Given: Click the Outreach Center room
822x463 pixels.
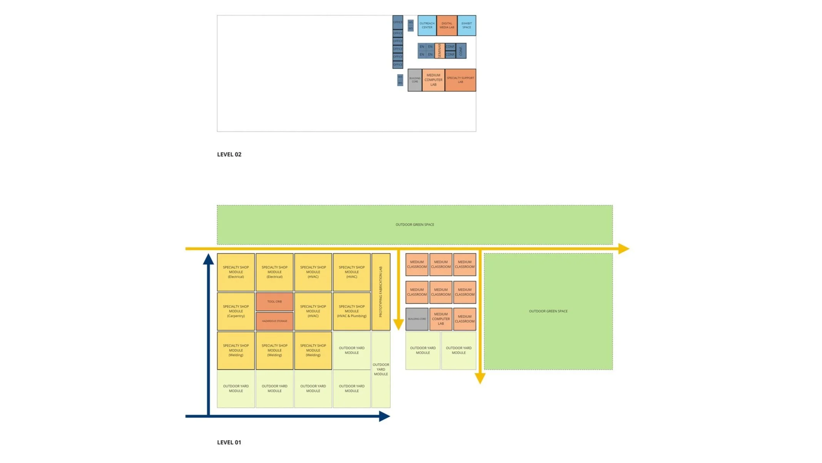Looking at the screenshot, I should point(427,25).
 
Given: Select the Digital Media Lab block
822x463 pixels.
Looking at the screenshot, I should point(447,25).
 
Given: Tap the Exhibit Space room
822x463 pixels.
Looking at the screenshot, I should point(466,25).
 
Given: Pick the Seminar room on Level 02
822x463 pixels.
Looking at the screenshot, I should point(439,51).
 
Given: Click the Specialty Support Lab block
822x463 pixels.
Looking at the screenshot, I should point(460,80).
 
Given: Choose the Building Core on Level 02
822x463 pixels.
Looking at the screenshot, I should point(415,80).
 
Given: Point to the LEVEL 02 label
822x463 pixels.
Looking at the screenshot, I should point(229,154).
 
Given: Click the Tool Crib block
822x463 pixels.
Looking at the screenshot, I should point(275,301).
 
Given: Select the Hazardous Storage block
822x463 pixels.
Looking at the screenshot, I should point(275,321).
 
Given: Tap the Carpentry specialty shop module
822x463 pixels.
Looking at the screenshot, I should point(236,311).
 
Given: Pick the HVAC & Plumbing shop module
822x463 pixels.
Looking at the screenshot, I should point(352,311).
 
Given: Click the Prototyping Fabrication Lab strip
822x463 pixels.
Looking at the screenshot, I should point(381,291).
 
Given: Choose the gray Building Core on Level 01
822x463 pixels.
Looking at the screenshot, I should point(417,319).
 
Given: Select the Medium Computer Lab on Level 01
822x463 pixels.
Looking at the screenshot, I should point(440,319).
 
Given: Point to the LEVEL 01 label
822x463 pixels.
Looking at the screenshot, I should point(229,442).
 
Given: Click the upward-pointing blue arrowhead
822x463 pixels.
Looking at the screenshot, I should point(208,260).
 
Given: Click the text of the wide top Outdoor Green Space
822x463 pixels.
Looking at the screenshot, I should point(415,225).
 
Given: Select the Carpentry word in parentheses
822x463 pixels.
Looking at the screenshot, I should point(236,316).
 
